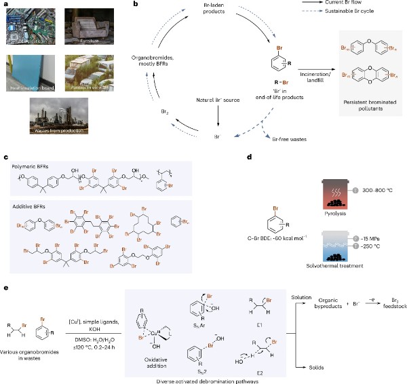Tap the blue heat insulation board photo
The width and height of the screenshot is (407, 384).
point(31,71)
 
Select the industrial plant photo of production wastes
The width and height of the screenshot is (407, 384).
point(60,116)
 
